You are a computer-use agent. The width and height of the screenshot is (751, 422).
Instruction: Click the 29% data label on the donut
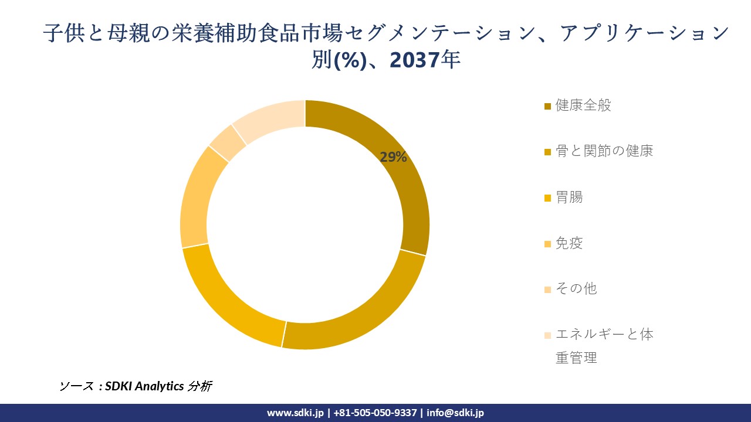point(393,157)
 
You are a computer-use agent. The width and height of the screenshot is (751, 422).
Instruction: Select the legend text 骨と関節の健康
point(604,151)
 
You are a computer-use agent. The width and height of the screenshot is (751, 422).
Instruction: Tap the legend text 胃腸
point(569,197)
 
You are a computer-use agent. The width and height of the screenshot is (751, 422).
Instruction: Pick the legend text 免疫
point(569,243)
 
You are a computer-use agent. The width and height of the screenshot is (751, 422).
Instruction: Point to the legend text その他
point(576,289)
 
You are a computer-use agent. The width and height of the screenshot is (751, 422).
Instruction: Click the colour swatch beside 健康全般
point(548,106)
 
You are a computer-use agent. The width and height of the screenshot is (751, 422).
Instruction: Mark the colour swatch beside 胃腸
point(548,198)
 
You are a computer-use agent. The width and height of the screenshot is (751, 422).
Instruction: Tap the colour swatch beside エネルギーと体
point(548,336)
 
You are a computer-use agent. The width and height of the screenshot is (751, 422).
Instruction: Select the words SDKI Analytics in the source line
point(144,386)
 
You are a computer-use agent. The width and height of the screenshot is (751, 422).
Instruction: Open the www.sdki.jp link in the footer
point(295,413)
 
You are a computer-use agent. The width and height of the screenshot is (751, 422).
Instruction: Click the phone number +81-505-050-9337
point(375,413)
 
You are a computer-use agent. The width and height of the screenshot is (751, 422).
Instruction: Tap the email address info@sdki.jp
point(455,413)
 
